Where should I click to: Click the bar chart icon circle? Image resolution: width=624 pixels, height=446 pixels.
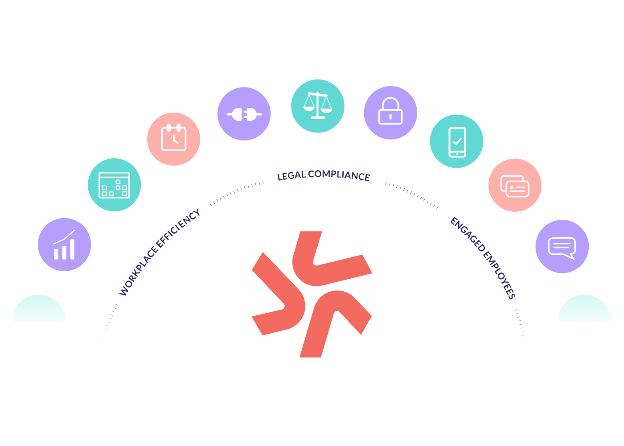click(x=65, y=244)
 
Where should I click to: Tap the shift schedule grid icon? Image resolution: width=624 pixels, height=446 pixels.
click(x=115, y=185)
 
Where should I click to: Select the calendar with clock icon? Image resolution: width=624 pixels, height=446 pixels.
click(x=174, y=139)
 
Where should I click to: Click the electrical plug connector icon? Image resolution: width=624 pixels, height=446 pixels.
click(x=244, y=114)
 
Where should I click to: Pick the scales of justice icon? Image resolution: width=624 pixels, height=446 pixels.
click(x=318, y=106)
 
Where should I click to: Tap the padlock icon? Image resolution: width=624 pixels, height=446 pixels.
click(x=390, y=112)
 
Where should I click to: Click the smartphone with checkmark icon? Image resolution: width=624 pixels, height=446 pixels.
click(x=457, y=141)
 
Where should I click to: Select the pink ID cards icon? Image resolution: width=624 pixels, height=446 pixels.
click(x=515, y=185)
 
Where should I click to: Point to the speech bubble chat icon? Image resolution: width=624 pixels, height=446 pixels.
click(x=562, y=247)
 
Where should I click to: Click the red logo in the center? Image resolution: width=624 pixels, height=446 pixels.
click(x=312, y=294)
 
